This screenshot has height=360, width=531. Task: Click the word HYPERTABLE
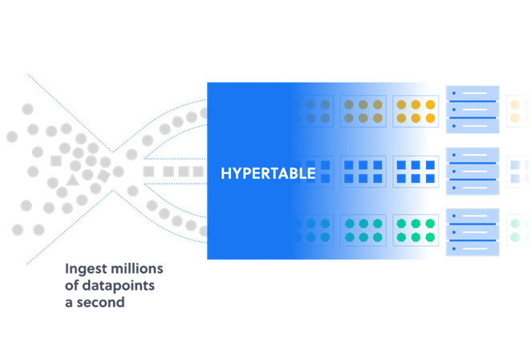(x=268, y=172)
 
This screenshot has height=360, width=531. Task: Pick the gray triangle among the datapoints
(x=73, y=180)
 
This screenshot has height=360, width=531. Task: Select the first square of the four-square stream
(x=148, y=172)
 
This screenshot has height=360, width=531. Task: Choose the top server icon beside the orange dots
(x=472, y=107)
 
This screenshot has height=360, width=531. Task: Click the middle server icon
(x=472, y=170)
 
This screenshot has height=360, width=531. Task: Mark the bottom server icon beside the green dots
(x=472, y=232)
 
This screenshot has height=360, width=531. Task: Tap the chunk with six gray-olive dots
(x=358, y=111)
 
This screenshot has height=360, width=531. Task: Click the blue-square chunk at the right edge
(x=520, y=172)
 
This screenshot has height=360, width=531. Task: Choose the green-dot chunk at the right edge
(x=520, y=229)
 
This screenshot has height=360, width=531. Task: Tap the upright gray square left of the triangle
(x=56, y=161)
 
